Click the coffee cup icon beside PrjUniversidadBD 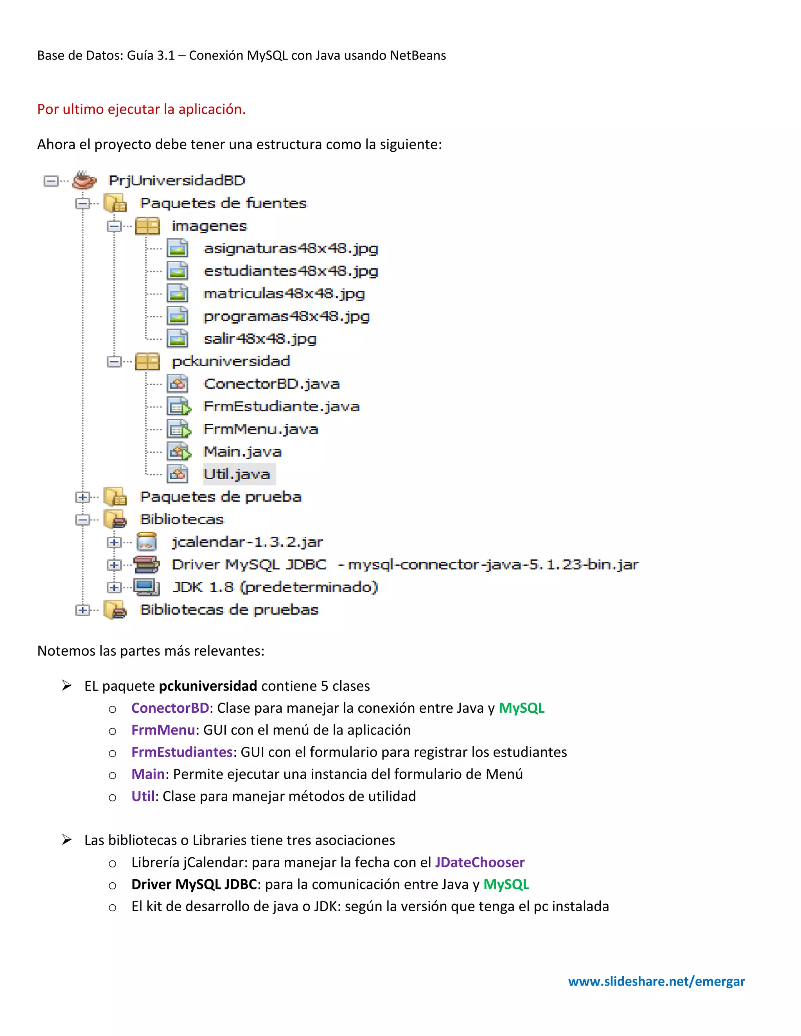click(x=84, y=180)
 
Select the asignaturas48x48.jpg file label click(x=291, y=248)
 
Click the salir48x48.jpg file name click(x=260, y=339)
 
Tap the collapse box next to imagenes click(x=114, y=226)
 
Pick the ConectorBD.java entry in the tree click(x=271, y=384)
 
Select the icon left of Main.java click(x=178, y=452)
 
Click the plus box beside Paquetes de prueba click(x=83, y=497)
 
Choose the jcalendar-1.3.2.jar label click(x=247, y=542)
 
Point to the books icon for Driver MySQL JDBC click(x=146, y=565)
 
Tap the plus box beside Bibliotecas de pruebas click(x=83, y=610)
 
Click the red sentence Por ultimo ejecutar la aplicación click(x=142, y=109)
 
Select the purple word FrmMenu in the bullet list click(x=163, y=730)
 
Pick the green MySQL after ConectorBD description click(x=521, y=708)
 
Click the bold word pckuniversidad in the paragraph click(x=207, y=686)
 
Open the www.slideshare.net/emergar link click(x=656, y=981)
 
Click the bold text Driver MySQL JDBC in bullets click(x=194, y=884)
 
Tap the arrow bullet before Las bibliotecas click(x=67, y=840)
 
